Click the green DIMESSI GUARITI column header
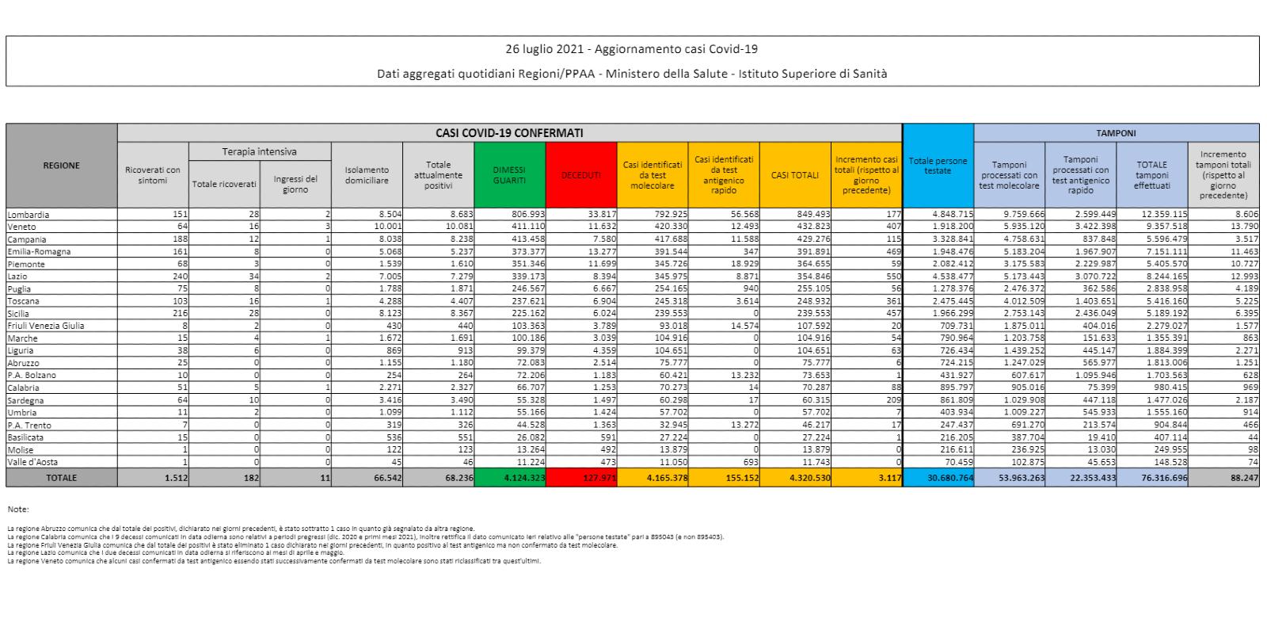(x=509, y=175)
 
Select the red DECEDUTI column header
(x=580, y=175)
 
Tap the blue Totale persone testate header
(x=938, y=166)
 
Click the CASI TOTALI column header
(x=795, y=175)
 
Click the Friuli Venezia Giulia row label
(x=45, y=326)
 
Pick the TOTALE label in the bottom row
(x=61, y=478)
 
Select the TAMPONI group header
(x=1116, y=133)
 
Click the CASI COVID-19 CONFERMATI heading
(x=509, y=133)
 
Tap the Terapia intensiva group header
(x=259, y=151)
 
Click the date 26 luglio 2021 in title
(x=545, y=49)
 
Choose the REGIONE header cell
(x=61, y=166)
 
